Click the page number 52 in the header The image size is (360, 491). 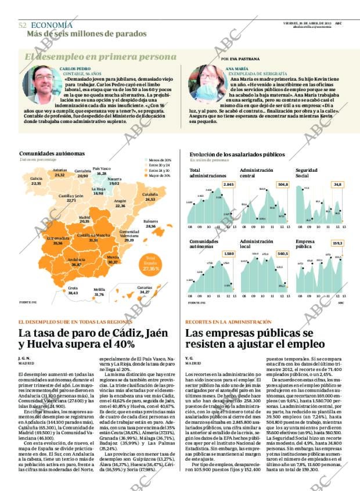22,25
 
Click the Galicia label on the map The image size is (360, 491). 36,180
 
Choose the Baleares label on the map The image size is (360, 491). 151,223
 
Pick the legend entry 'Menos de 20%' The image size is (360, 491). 158,160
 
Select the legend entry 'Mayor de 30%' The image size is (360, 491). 158,175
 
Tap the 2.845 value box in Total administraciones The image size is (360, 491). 229,185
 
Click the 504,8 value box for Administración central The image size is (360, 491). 283,185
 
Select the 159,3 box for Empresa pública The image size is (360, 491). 337,243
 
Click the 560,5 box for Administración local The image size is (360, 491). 283,254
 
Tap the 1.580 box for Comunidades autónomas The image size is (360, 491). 229,254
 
